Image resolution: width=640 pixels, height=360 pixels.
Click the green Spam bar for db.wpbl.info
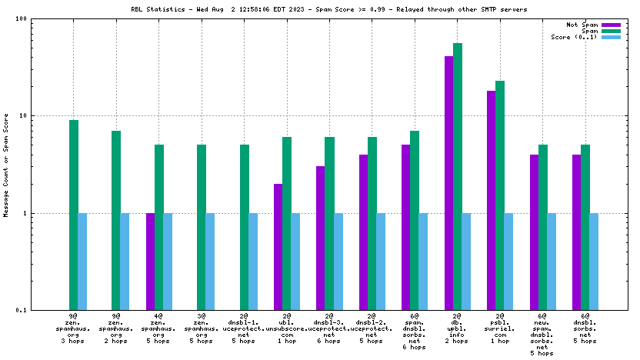point(458,177)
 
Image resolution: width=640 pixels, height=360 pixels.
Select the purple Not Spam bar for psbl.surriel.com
point(491,200)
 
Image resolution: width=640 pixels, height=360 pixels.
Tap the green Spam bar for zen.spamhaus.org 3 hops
point(74,215)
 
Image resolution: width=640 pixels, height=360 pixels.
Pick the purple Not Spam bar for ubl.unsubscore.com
point(278,246)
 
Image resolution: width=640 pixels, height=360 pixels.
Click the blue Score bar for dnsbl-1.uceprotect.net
point(253,262)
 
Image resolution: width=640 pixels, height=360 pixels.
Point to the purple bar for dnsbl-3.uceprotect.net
point(320,238)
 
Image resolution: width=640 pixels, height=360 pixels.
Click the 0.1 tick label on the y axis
point(22,310)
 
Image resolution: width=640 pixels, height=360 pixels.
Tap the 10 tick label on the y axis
point(23,115)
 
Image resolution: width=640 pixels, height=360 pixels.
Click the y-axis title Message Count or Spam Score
point(6,165)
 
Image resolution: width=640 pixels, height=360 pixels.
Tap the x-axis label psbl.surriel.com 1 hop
point(500,329)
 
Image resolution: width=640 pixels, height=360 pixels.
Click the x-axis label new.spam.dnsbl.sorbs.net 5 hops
point(542,335)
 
